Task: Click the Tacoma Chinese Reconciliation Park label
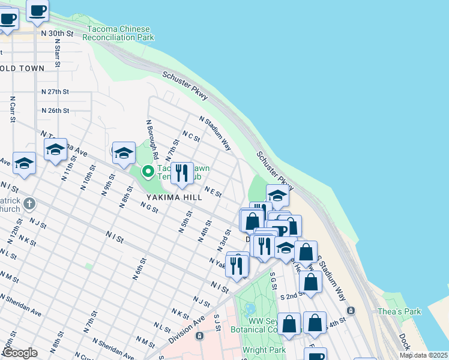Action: (118, 33)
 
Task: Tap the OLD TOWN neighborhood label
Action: (22, 68)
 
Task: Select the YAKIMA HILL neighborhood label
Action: (170, 197)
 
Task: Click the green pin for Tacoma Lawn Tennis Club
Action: (147, 172)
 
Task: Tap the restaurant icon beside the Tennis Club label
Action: (181, 173)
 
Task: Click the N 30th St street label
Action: (57, 34)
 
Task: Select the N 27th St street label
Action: (55, 92)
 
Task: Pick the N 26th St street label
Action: (55, 110)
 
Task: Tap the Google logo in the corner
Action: (19, 353)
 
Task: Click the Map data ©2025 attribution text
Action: (423, 355)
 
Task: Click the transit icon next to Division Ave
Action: (199, 335)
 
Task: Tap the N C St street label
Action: (191, 137)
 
